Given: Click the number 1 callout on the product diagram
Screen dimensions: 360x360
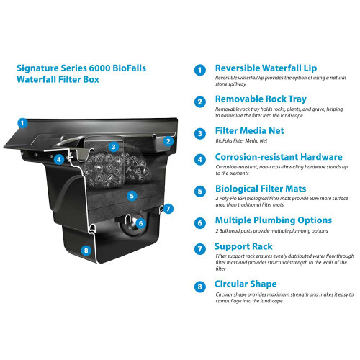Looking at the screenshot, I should pyautogui.click(x=23, y=122).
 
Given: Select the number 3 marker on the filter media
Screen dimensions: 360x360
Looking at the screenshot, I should pyautogui.click(x=113, y=148).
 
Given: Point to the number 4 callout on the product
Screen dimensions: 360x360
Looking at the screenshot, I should pyautogui.click(x=59, y=159).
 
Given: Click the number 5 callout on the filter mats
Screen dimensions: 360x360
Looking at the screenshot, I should pyautogui.click(x=131, y=195).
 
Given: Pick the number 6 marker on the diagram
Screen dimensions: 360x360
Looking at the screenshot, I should pyautogui.click(x=141, y=223).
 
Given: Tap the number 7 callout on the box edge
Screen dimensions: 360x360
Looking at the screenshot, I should pyautogui.click(x=168, y=209).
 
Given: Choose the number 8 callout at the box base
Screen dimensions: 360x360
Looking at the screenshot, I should pyautogui.click(x=86, y=251).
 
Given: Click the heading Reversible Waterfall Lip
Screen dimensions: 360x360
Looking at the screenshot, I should pyautogui.click(x=264, y=68).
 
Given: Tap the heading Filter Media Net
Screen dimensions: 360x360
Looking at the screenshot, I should pyautogui.click(x=249, y=132).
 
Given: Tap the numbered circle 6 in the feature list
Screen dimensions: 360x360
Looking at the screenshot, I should pyautogui.click(x=199, y=223).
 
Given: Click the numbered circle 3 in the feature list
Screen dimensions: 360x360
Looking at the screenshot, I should pyautogui.click(x=199, y=133).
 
